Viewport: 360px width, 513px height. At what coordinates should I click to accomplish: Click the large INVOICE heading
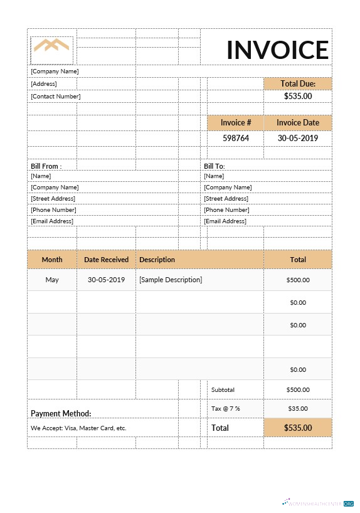pos(277,50)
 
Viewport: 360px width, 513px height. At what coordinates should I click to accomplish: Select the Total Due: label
pos(298,83)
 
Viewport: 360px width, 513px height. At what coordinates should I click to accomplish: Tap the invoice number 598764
pos(236,138)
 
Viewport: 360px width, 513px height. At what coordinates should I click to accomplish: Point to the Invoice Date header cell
pos(298,123)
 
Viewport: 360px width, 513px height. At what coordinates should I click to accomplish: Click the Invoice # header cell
pos(236,123)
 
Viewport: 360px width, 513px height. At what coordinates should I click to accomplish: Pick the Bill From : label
pos(46,166)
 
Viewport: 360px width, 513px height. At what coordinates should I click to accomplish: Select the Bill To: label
pos(214,166)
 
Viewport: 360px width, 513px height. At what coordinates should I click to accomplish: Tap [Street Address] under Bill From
pos(53,198)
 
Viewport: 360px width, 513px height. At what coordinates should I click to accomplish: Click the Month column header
pos(52,259)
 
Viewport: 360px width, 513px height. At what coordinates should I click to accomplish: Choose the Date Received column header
pos(107,259)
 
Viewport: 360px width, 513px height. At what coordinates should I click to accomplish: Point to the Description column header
pos(157,259)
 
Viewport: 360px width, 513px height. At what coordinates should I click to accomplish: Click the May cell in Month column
pos(52,280)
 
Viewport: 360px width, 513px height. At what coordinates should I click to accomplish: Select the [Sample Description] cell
pos(171,280)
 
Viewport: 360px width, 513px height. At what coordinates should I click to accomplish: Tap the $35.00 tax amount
pos(297,408)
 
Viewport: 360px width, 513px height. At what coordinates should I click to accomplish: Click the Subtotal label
pos(223,389)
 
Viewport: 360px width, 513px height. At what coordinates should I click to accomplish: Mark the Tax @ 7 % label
pos(226,408)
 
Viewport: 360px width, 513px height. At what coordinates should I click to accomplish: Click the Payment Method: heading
pos(61,413)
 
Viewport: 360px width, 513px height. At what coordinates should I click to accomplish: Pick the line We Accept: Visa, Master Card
pos(78,428)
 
